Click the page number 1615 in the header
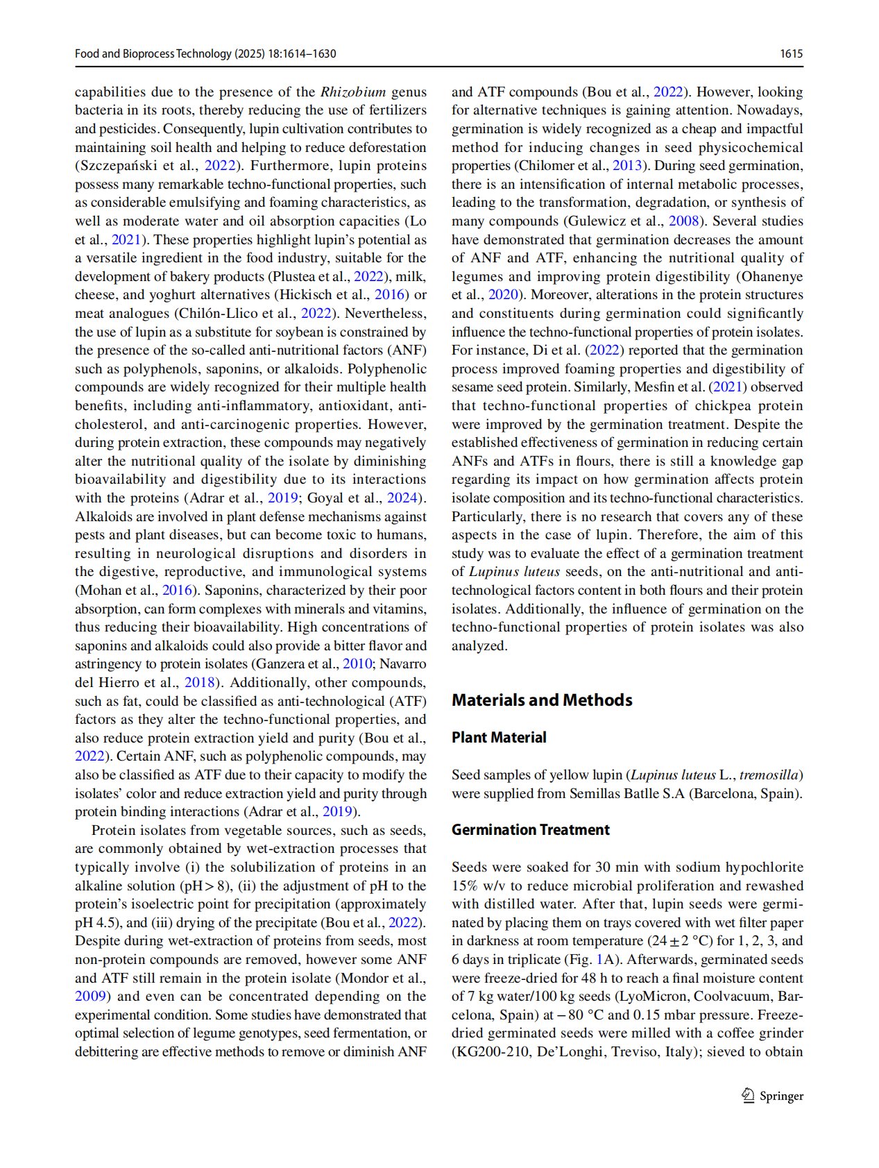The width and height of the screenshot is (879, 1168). (791, 53)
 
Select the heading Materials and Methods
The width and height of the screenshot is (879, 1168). (542, 700)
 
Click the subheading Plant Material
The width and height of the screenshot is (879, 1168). (499, 737)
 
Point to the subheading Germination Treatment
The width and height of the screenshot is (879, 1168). (531, 829)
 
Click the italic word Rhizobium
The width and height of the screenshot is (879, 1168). (352, 92)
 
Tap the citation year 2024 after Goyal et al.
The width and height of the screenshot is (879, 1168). (403, 498)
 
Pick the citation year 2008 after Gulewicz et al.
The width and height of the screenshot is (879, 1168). (683, 221)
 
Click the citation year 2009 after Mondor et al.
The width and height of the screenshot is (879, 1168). (91, 997)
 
